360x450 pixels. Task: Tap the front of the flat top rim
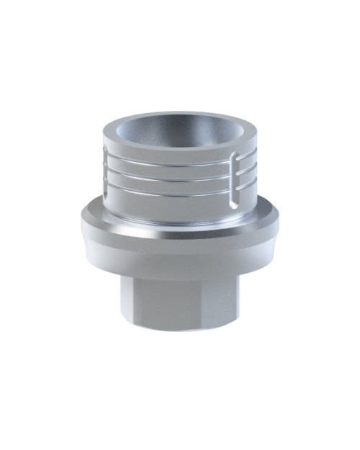180,148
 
